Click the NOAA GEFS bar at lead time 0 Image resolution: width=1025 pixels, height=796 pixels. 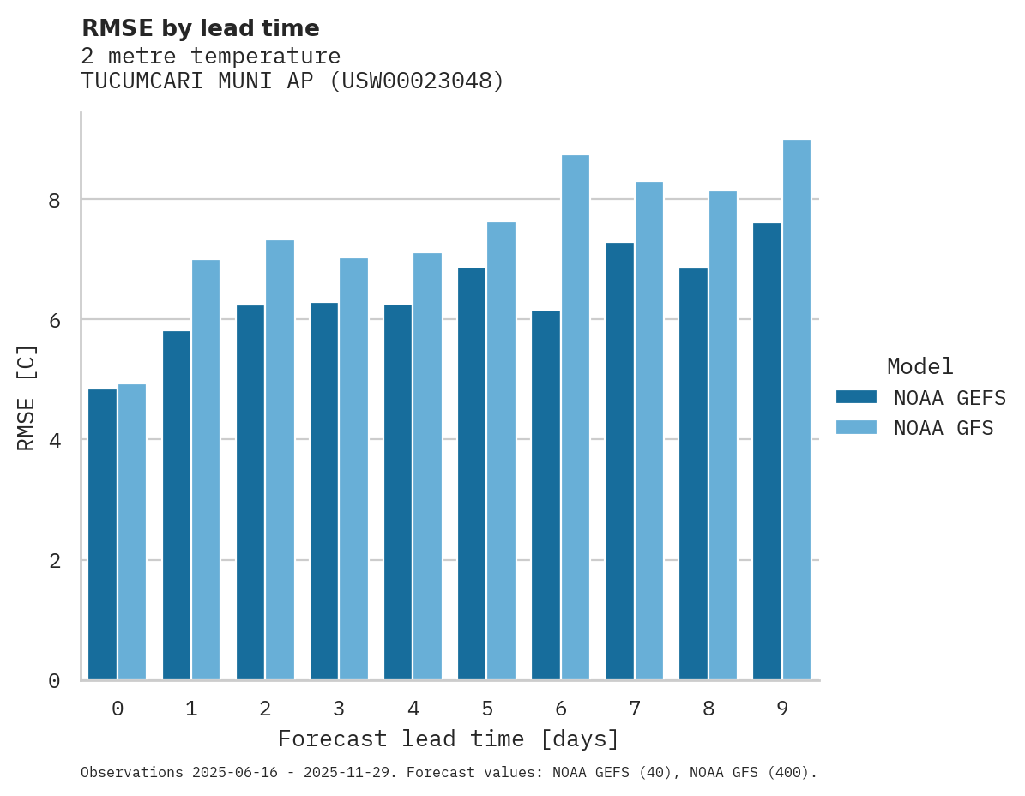[x=102, y=534]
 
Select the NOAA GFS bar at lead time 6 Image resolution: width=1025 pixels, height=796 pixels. [x=575, y=418]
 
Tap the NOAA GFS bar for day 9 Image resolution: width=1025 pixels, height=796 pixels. [x=796, y=410]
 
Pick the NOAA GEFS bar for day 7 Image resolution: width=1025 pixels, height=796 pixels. [x=619, y=461]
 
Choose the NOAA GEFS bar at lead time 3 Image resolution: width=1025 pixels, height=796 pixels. [x=324, y=491]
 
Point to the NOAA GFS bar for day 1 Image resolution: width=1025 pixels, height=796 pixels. [x=206, y=470]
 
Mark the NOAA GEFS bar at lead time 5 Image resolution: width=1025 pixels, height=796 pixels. [x=472, y=473]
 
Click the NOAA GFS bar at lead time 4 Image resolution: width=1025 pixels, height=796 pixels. [x=427, y=467]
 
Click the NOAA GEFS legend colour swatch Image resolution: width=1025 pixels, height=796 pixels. [x=856, y=397]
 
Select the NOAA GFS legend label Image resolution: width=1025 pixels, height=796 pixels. [x=944, y=428]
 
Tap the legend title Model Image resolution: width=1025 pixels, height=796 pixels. [x=919, y=366]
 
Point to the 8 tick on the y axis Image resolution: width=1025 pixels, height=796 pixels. [x=54, y=200]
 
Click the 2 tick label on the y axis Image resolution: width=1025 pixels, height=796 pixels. [x=54, y=561]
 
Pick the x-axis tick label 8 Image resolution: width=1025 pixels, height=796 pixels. [x=708, y=709]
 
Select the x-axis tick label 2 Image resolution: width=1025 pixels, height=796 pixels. [x=265, y=709]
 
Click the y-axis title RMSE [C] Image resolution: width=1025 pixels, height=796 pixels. [x=27, y=397]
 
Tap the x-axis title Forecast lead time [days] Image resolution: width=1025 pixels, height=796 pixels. [x=448, y=739]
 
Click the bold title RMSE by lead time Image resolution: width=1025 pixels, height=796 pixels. [x=200, y=28]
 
